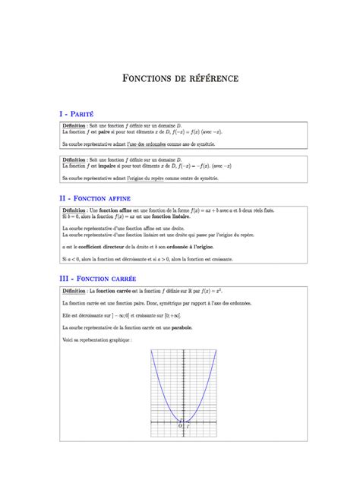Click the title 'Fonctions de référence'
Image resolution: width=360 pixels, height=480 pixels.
[x=180, y=78]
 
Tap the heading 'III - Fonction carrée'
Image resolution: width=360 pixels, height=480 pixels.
[x=101, y=279]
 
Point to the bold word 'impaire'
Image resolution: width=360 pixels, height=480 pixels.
[x=115, y=166]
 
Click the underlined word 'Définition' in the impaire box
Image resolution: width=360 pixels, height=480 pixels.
[x=74, y=160]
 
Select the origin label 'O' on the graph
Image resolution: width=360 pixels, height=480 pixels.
[x=179, y=426]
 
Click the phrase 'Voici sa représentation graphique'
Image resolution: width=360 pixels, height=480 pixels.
[x=97, y=339]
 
